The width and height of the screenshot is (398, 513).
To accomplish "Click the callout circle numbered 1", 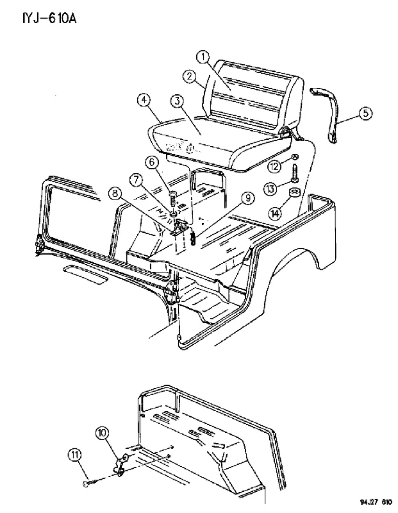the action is [x=203, y=57].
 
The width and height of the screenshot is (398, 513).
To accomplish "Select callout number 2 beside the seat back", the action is [x=189, y=77].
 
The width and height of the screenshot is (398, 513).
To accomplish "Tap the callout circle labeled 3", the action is [x=177, y=101].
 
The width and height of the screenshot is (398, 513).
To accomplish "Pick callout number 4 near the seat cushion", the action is [x=144, y=101].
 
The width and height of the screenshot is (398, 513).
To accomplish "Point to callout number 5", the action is [x=365, y=114].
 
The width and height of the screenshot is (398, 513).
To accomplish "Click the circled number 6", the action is [x=152, y=163].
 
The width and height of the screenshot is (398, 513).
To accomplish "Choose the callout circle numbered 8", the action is [x=115, y=194].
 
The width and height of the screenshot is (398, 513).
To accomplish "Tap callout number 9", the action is [x=248, y=198].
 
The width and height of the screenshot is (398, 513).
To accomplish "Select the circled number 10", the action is [x=102, y=433].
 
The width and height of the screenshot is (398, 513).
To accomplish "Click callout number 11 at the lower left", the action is [x=75, y=455].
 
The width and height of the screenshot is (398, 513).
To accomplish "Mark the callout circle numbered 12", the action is [x=274, y=167].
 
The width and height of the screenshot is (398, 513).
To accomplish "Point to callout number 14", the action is [x=275, y=214].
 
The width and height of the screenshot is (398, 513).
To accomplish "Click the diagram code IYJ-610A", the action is [x=49, y=19].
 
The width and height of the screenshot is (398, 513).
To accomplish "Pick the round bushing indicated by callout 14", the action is [x=294, y=193].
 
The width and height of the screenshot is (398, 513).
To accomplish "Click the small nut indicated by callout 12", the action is [x=294, y=156].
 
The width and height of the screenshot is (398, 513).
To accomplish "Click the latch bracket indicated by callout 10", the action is [x=120, y=464].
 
